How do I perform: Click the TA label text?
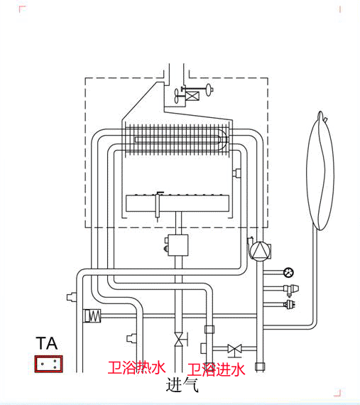(48, 345)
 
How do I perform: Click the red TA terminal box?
(48, 364)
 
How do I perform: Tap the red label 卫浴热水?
(136, 367)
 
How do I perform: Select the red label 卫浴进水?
(216, 369)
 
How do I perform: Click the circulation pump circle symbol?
(259, 250)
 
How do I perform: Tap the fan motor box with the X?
(192, 92)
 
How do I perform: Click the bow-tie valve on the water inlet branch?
(234, 349)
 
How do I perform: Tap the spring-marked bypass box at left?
(92, 315)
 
